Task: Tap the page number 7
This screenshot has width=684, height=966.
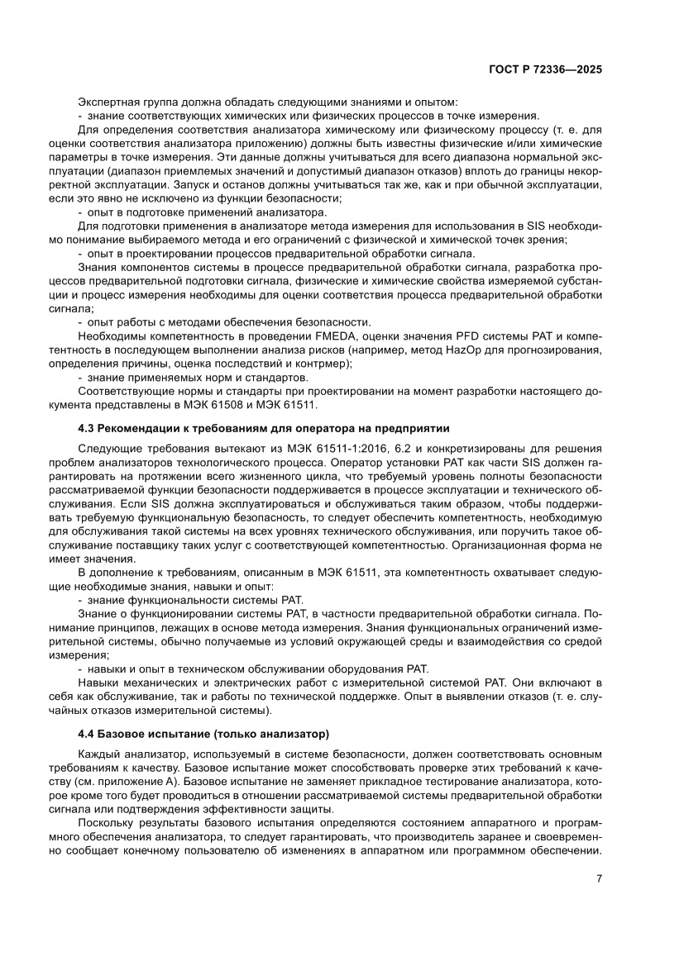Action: pos(598,879)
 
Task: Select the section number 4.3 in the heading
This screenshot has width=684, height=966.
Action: pos(86,428)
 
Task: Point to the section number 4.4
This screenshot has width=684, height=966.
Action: pos(86,733)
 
